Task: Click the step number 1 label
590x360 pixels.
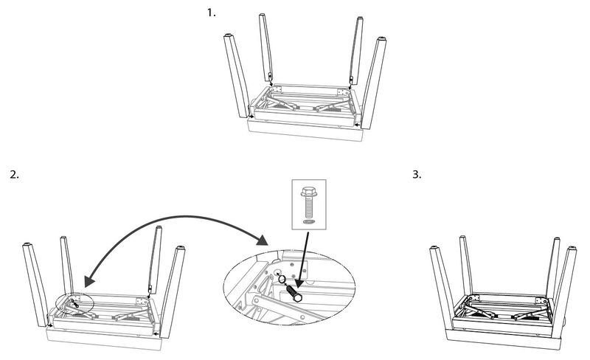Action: pos(212,13)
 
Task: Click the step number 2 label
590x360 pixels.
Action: pos(14,175)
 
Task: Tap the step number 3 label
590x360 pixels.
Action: pos(417,174)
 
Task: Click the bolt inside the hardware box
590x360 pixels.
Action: pos(309,201)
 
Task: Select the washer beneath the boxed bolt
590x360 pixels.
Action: pos(308,222)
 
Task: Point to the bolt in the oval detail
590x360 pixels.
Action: pos(294,293)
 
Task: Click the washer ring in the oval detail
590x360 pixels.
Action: pos(282,280)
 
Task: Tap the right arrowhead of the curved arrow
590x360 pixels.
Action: pos(263,240)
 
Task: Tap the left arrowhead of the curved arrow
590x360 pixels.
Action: pos(89,281)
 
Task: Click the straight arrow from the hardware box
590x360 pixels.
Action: pos(303,260)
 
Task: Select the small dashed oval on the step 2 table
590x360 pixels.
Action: pos(74,304)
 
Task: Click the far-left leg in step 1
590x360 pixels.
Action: pos(235,76)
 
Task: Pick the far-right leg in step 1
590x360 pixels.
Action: pos(374,83)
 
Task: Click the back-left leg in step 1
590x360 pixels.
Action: pos(265,47)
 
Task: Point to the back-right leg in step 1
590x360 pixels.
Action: pos(356,50)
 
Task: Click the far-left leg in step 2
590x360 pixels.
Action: pos(35,285)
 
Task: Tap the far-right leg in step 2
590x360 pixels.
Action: pos(173,292)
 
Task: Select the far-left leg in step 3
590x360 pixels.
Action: pos(442,288)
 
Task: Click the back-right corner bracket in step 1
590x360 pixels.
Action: pos(343,92)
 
